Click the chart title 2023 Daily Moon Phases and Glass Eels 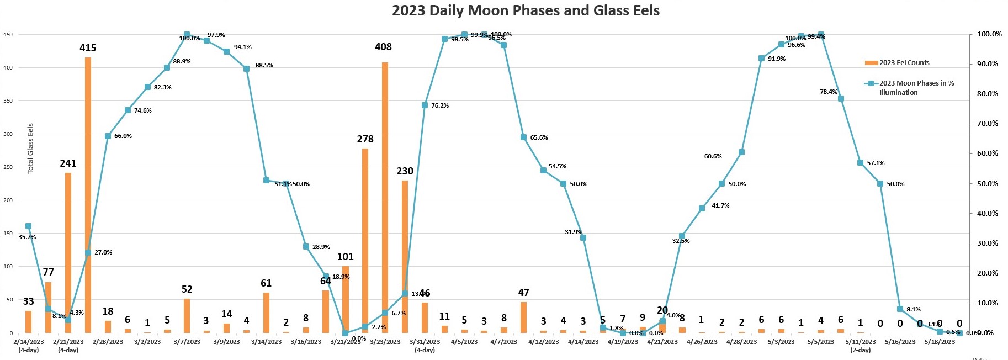coord(526,10)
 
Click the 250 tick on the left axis coord(8,167)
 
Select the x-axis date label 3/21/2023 coord(346,342)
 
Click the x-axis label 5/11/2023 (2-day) coord(860,346)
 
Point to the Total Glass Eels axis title coord(31,148)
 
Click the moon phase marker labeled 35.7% coord(28,226)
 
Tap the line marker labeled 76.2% coord(425,105)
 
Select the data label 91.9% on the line coord(777,59)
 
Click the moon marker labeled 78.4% coord(841,99)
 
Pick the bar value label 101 coord(346,257)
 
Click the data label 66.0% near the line coord(123,136)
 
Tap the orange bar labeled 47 coord(523,317)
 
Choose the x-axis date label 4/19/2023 coord(623,342)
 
